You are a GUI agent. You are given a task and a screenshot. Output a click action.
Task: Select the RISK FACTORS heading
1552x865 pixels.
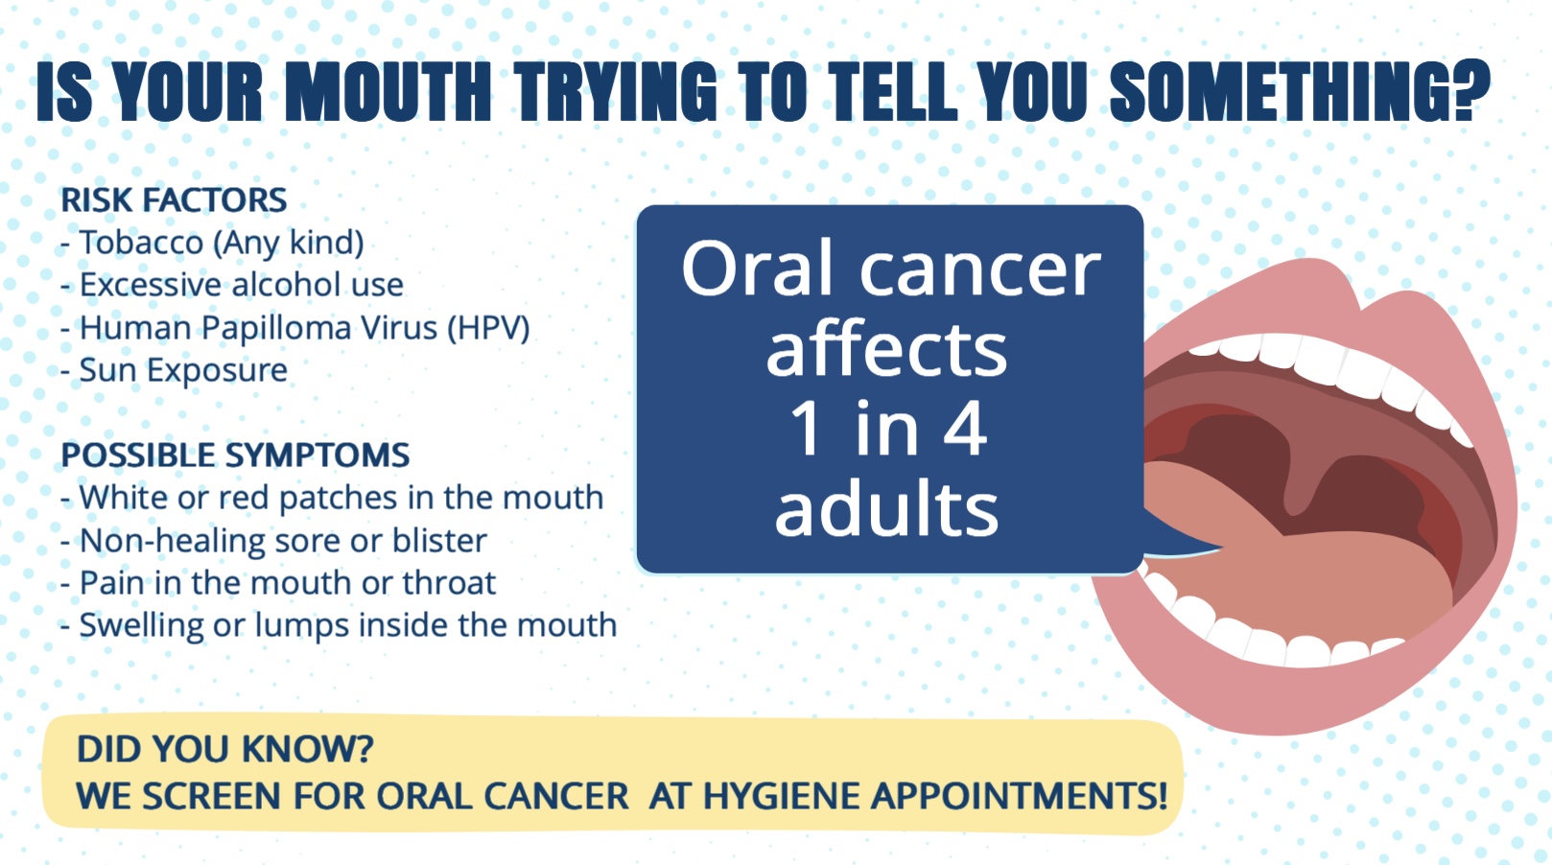[x=174, y=200]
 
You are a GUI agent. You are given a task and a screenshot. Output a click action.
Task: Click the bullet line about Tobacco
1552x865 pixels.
[x=212, y=243]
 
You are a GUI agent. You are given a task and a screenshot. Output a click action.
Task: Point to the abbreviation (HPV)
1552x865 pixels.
[x=488, y=328]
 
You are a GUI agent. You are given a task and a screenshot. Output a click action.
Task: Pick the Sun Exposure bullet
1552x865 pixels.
[x=174, y=370]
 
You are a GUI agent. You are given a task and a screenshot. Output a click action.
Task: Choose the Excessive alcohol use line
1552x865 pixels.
[x=232, y=285]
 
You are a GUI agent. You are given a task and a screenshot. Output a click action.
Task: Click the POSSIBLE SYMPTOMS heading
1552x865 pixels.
[x=236, y=455]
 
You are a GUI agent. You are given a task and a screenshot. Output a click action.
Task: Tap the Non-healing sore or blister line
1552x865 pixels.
[x=273, y=541]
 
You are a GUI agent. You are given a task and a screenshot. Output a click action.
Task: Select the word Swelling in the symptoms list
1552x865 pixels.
[x=142, y=625]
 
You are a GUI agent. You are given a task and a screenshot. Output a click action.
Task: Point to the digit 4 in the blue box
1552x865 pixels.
[x=964, y=428]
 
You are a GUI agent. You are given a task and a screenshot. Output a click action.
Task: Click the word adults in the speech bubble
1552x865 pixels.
[x=887, y=509]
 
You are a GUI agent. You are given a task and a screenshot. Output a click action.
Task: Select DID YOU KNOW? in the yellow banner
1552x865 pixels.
[x=225, y=749]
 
